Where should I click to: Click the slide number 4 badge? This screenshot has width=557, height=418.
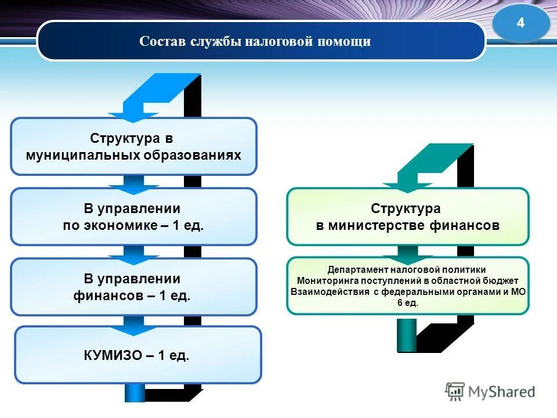(520, 23)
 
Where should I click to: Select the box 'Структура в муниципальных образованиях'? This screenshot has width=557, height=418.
(133, 146)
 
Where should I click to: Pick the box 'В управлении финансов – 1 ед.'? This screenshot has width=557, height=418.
(133, 287)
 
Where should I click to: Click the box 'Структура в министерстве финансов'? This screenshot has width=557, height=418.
(407, 217)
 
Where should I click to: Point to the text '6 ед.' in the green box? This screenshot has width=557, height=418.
(408, 303)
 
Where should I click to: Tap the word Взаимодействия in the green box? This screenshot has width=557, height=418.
(330, 292)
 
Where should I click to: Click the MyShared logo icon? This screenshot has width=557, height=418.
(455, 392)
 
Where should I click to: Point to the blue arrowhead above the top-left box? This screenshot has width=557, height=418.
(133, 115)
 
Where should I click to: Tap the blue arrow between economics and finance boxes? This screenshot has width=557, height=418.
(133, 253)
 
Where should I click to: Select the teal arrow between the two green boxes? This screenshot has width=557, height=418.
(407, 253)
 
